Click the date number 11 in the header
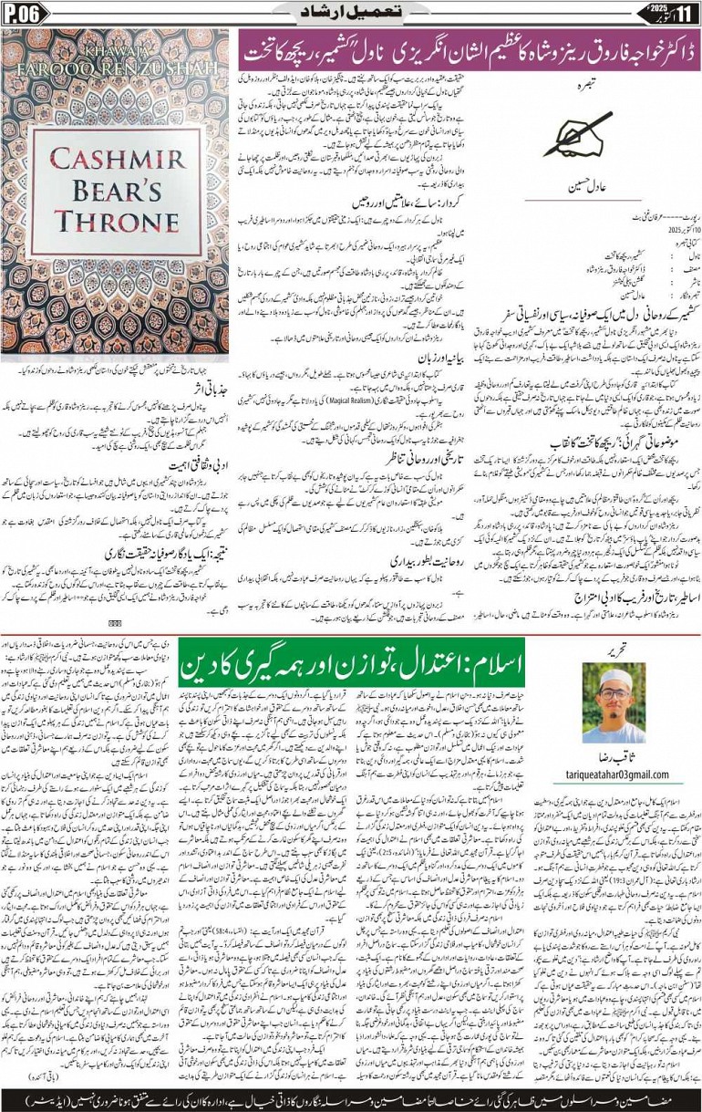686,13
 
